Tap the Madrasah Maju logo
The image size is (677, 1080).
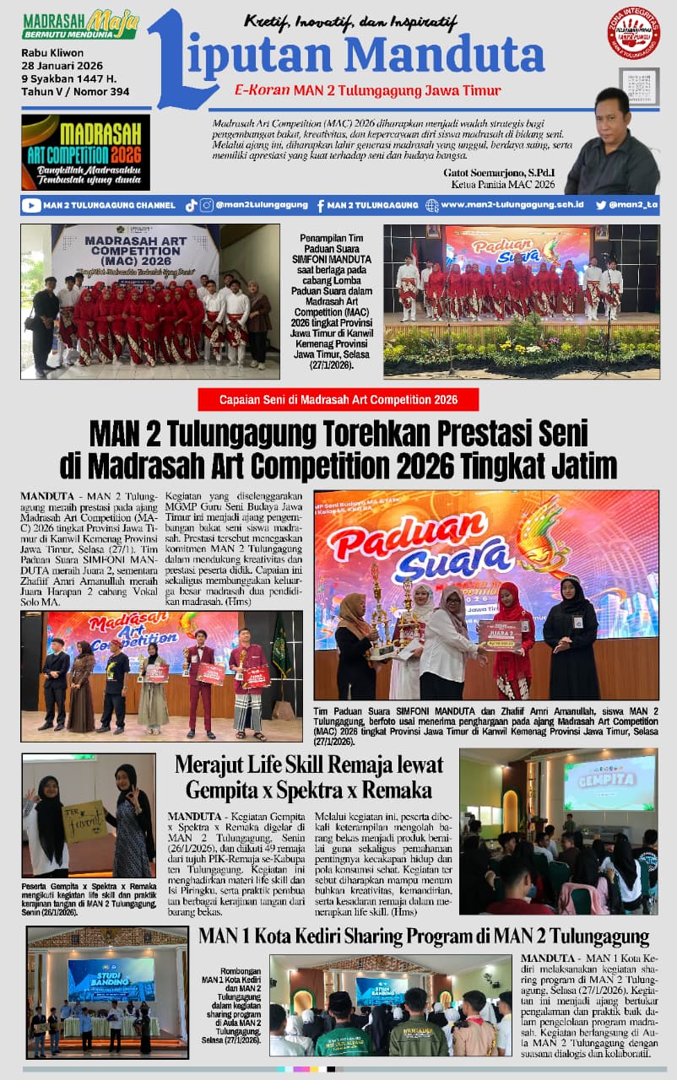coord(80,24)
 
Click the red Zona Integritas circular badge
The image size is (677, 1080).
coord(634,33)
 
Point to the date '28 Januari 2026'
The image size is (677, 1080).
coord(62,67)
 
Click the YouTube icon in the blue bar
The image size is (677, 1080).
coord(32,205)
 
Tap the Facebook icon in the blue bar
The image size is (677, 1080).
coord(321,205)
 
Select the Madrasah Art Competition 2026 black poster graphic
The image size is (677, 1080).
coord(85,152)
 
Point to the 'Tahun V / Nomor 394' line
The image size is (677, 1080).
coord(75,92)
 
